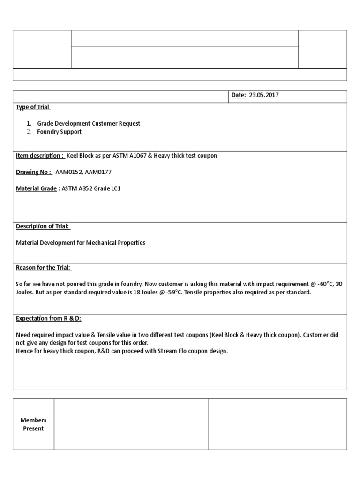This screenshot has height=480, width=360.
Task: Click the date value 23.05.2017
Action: click(x=264, y=95)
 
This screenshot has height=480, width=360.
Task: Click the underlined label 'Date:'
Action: click(x=239, y=95)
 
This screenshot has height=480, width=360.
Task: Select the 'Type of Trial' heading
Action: click(x=33, y=107)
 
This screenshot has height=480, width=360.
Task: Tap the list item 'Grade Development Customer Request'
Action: click(x=89, y=123)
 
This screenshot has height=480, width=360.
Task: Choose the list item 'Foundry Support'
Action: click(x=59, y=132)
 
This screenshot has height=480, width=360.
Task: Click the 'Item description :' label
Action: click(x=40, y=155)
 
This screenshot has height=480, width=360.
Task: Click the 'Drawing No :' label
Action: click(x=34, y=172)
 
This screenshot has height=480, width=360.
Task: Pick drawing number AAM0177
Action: click(x=98, y=172)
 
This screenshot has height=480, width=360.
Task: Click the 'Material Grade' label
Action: click(x=37, y=189)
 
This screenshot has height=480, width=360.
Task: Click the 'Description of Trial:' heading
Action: click(x=43, y=226)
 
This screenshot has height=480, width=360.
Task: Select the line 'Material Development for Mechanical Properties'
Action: click(x=81, y=243)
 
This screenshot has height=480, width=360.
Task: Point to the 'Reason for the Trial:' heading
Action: click(x=44, y=268)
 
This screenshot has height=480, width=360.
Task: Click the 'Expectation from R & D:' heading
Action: click(x=49, y=318)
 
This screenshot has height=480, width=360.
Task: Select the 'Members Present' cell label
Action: click(x=33, y=424)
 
